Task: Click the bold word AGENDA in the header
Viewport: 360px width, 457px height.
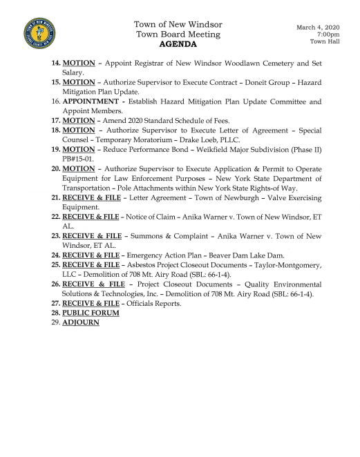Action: click(178, 44)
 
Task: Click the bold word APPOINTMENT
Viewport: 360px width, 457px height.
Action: click(93, 101)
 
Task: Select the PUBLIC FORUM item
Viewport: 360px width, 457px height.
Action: click(91, 313)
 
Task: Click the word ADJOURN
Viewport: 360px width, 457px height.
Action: click(81, 322)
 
